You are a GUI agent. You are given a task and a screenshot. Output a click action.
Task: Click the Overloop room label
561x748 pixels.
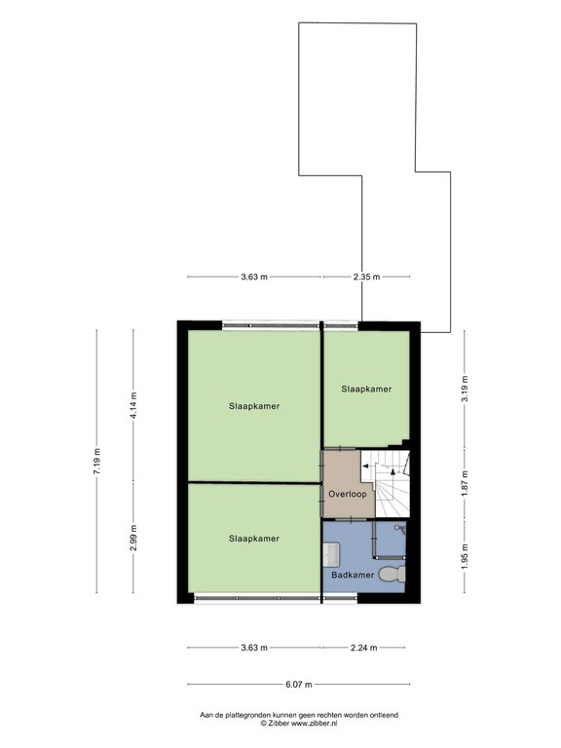[346, 495]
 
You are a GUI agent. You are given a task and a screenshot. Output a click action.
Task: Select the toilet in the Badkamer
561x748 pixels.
[392, 574]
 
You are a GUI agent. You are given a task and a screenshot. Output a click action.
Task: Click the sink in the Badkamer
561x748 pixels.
[330, 552]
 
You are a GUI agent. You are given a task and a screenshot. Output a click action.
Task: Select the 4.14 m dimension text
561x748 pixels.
[133, 403]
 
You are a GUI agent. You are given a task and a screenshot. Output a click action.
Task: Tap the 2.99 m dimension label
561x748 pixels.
[133, 536]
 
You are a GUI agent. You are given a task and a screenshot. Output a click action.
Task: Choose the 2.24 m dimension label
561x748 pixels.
[363, 647]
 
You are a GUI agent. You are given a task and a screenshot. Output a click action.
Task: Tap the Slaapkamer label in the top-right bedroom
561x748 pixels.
[366, 389]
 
